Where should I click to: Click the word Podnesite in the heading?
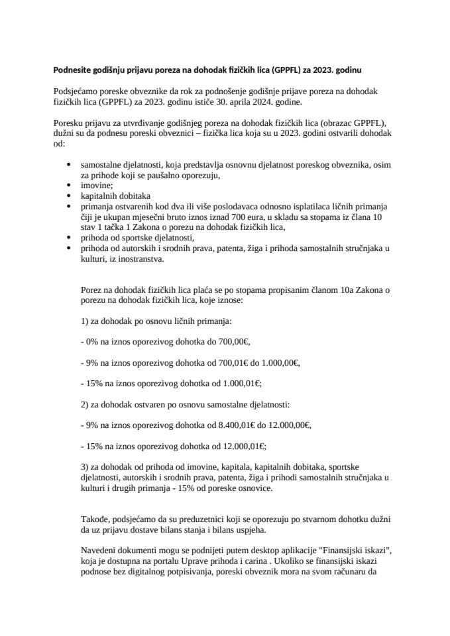pos(75,69)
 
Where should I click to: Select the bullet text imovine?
pos(95,186)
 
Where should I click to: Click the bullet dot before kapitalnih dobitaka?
pos(71,196)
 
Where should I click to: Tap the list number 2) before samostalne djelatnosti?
pos(84,403)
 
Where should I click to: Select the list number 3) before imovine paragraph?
pos(84,466)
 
